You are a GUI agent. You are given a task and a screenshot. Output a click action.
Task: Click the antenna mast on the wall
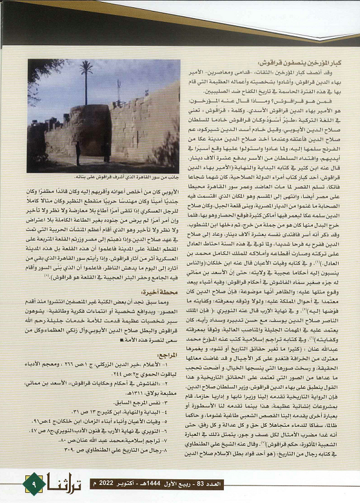(x=119, y=91)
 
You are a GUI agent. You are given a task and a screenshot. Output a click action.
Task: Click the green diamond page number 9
(x=34, y=484)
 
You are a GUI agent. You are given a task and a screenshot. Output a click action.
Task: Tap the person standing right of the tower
(x=108, y=151)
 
